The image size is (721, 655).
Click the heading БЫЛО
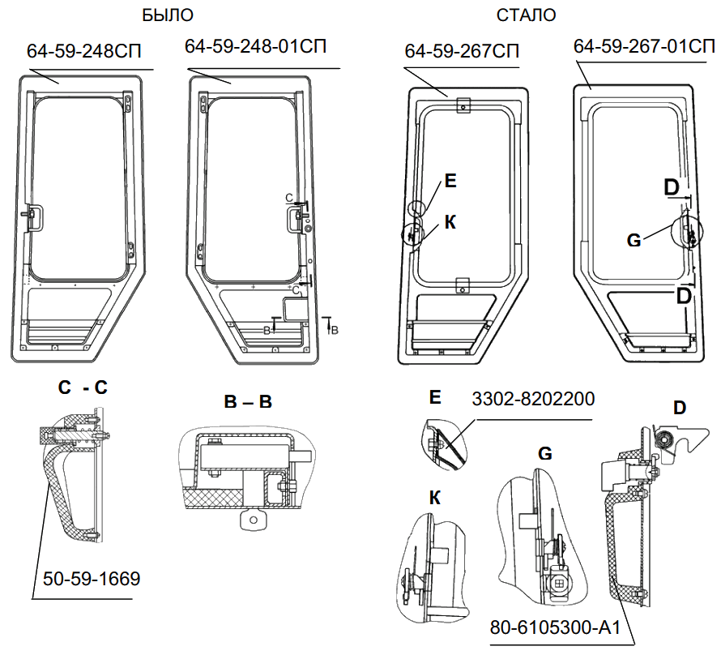click(168, 15)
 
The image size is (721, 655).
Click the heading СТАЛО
click(527, 15)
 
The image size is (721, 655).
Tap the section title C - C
click(83, 388)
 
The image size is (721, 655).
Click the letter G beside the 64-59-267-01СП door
click(635, 240)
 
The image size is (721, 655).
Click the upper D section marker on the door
click(672, 187)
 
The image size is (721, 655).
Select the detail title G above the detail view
click(545, 454)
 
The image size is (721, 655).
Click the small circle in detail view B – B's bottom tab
click(254, 519)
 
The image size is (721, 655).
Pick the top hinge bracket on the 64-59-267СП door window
click(463, 105)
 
